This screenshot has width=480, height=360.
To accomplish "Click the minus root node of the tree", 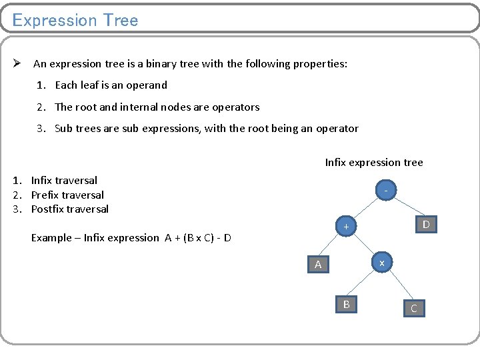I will (x=385, y=191).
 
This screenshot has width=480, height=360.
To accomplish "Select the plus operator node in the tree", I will (x=346, y=227).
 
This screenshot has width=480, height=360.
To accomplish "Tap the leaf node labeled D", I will (x=426, y=225).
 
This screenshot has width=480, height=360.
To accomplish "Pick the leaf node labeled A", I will (x=318, y=265).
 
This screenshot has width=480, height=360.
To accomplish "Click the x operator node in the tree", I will (x=381, y=263).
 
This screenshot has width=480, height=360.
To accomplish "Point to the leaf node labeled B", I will (x=346, y=305).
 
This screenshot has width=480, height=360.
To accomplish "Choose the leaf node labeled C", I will (x=413, y=308).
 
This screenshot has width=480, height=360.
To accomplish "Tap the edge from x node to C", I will (x=398, y=285).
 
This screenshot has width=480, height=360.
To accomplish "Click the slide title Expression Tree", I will (x=75, y=20).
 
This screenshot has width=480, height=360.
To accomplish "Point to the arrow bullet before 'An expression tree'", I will (x=19, y=64).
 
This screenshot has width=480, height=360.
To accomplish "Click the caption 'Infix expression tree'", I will (x=373, y=163).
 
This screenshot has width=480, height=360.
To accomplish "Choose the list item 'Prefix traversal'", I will (x=67, y=195).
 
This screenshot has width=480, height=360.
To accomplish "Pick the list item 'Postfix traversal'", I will (x=69, y=209).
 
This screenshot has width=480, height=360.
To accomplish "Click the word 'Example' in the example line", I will (x=53, y=238).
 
